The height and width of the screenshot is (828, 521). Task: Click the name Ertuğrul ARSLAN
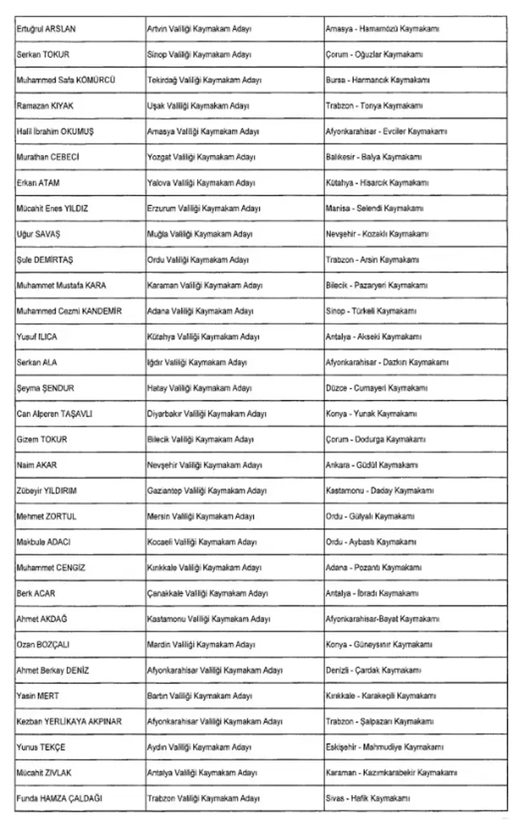[x=46, y=29]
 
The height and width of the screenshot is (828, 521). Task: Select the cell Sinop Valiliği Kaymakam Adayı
[x=199, y=55]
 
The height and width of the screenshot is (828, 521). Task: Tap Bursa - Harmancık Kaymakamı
[x=377, y=81]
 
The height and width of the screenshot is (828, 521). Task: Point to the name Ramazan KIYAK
[x=45, y=106]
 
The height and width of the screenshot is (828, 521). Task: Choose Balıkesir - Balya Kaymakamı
[x=373, y=157]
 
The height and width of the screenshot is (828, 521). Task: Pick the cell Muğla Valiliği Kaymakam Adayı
[x=199, y=234]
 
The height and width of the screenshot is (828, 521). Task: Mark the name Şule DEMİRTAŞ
[x=45, y=260]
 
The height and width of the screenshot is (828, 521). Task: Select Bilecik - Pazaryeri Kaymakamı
[x=376, y=285]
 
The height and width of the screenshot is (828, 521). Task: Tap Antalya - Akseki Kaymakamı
[x=373, y=337]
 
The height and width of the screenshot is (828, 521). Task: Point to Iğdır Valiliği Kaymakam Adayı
[x=197, y=362]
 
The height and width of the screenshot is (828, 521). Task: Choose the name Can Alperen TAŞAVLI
[x=55, y=414]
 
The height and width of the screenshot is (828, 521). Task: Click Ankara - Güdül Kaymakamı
[x=372, y=465]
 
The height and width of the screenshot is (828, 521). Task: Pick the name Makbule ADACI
[x=44, y=542]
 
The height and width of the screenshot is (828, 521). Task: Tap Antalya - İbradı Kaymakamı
[x=372, y=594]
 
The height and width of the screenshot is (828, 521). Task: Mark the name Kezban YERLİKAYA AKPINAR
[x=69, y=722]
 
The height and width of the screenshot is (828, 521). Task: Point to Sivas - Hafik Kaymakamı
[x=368, y=799]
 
